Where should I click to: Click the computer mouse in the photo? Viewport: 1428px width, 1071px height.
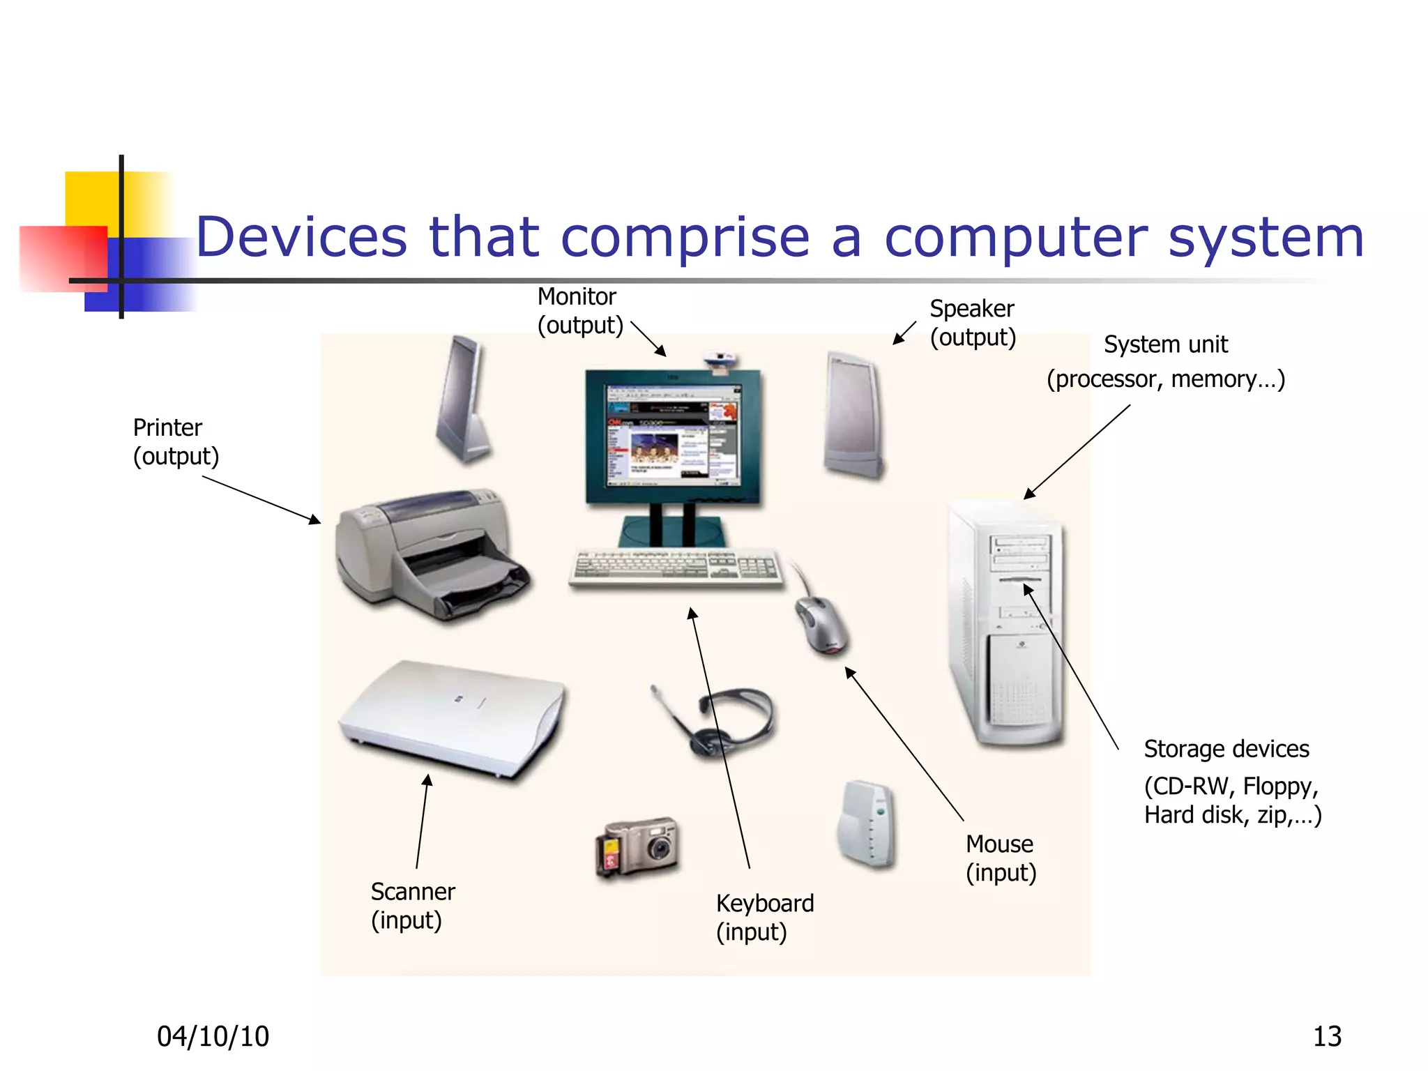[x=823, y=624]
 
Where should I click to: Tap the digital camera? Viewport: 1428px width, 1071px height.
[x=638, y=846]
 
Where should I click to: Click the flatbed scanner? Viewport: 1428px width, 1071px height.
[x=453, y=718]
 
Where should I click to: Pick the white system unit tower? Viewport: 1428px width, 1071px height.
[x=1008, y=624]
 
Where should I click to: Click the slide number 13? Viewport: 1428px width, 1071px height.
[x=1326, y=1037]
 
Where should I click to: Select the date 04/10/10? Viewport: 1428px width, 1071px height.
[x=213, y=1037]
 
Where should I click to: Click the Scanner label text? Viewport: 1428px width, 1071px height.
[x=413, y=892]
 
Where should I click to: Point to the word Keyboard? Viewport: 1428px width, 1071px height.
[x=765, y=904]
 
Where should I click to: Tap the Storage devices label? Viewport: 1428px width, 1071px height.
[x=1226, y=749]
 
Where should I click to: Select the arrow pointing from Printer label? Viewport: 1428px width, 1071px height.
[x=261, y=499]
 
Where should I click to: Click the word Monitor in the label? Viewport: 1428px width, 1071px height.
[x=577, y=297]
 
